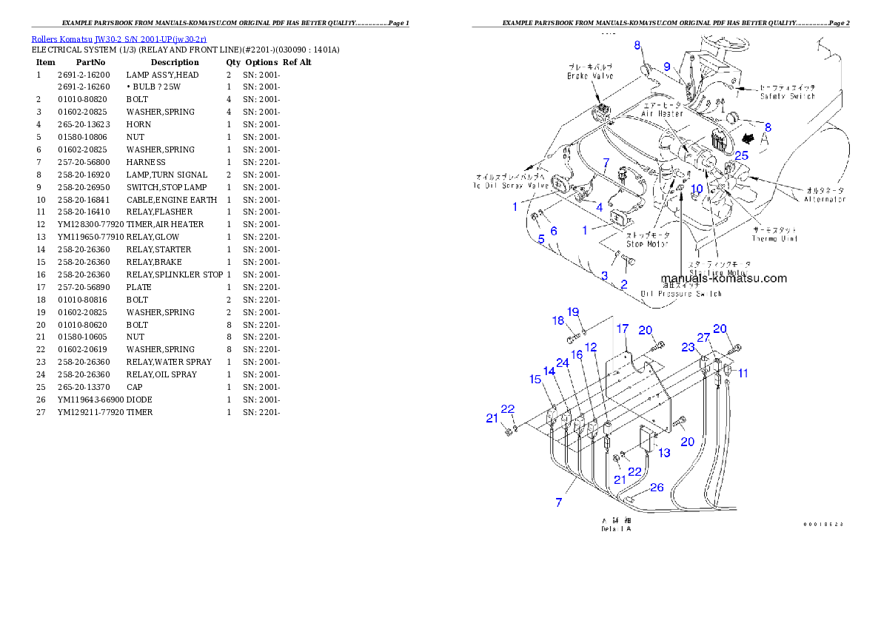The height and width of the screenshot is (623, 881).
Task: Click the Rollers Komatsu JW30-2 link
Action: (x=118, y=38)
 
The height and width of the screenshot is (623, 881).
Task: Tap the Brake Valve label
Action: (x=590, y=75)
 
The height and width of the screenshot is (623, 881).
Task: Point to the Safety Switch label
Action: (x=787, y=95)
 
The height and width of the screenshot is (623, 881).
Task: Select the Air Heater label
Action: (x=662, y=114)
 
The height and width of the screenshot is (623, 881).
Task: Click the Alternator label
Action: (x=825, y=199)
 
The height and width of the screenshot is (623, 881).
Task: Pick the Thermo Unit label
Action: (x=774, y=238)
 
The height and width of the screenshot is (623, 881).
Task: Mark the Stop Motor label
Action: (x=648, y=243)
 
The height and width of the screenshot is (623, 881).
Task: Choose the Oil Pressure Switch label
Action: (x=681, y=294)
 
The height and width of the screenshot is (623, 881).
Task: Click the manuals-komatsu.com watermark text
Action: (x=724, y=279)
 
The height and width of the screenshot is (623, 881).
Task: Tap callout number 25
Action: (x=741, y=155)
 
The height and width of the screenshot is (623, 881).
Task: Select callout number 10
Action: (x=697, y=189)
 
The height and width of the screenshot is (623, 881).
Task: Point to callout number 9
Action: (x=666, y=67)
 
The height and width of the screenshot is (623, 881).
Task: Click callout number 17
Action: (x=623, y=329)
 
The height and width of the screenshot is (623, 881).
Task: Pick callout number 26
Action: (x=657, y=488)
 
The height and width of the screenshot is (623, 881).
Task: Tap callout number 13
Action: (x=665, y=452)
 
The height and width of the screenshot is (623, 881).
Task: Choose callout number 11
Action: (x=743, y=374)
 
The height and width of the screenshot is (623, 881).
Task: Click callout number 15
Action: (x=535, y=380)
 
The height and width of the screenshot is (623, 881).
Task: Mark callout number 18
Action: (x=557, y=320)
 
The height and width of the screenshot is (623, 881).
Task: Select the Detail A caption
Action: (x=616, y=526)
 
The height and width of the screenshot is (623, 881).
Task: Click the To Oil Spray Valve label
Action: (x=512, y=181)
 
